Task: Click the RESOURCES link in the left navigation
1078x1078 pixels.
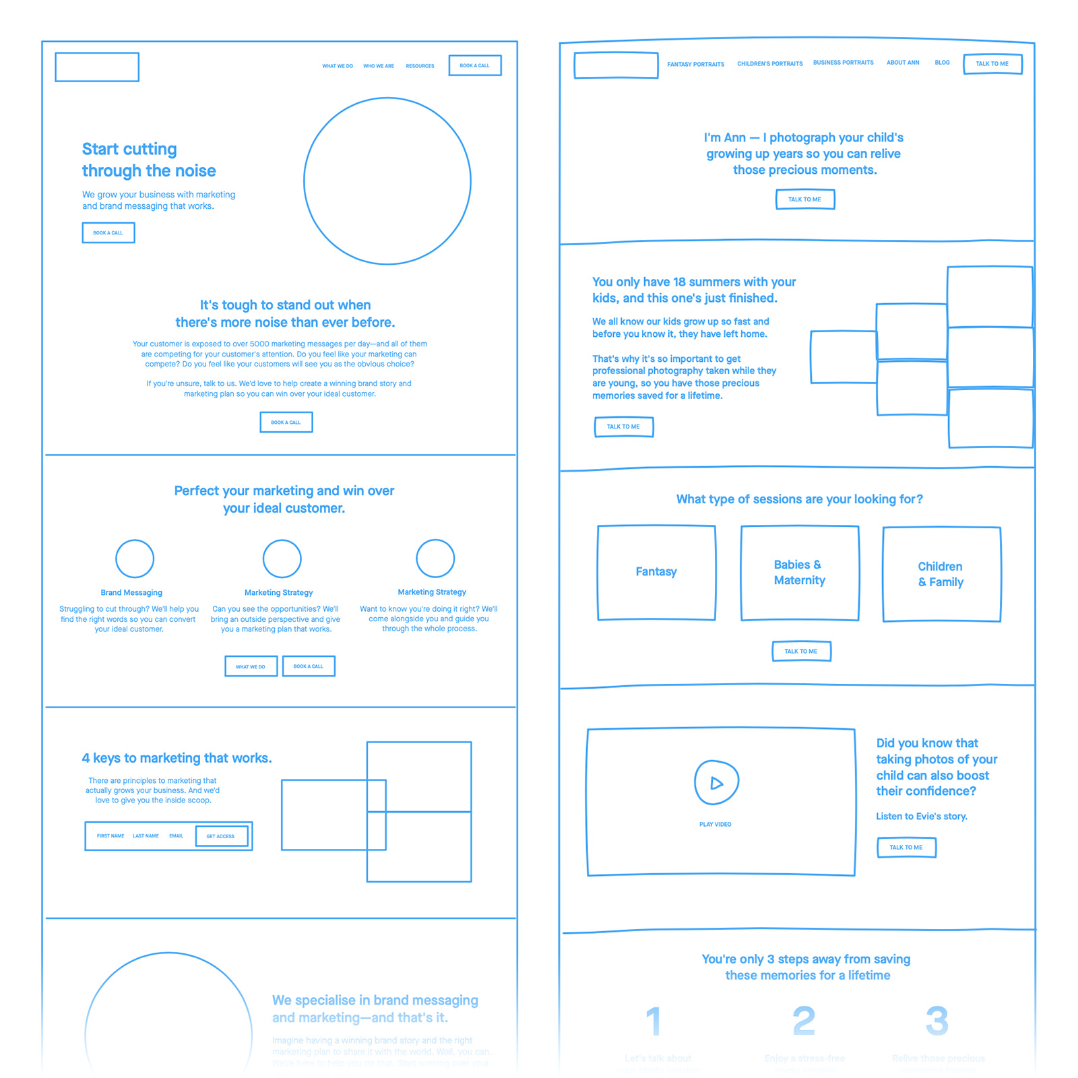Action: pos(420,66)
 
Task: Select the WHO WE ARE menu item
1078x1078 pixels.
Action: pos(379,66)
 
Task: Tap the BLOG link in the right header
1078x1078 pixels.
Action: pos(942,63)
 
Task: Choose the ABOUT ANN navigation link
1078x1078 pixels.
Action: pos(903,63)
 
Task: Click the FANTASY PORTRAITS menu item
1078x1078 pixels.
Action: pos(695,65)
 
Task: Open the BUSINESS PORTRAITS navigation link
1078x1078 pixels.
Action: pos(843,63)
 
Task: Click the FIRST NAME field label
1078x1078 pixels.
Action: pos(110,836)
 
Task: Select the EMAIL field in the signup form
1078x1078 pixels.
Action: pos(176,836)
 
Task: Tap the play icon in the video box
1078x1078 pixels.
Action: pos(716,783)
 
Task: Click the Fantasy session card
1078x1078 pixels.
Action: pos(656,572)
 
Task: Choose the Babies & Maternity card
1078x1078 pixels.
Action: pos(800,573)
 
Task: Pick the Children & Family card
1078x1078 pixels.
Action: pos(941,574)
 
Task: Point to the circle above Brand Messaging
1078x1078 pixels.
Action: pos(135,559)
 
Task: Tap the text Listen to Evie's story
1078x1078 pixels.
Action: pos(921,817)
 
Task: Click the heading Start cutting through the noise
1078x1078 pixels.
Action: pos(149,160)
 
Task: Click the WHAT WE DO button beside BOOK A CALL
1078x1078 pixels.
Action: pos(251,666)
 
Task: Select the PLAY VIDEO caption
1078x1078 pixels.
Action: pos(715,825)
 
